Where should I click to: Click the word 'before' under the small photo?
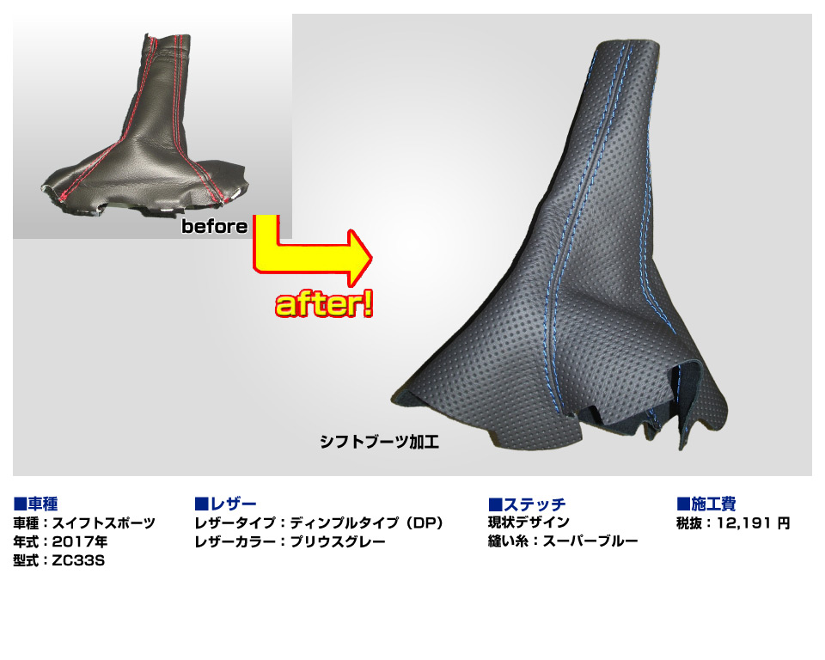pyautogui.click(x=215, y=226)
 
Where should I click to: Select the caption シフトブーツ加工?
pyautogui.click(x=379, y=442)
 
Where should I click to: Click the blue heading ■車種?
pyautogui.click(x=35, y=504)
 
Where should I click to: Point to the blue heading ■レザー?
pyautogui.click(x=226, y=504)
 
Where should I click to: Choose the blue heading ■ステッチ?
pyautogui.click(x=527, y=504)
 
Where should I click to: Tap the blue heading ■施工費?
pyautogui.click(x=706, y=504)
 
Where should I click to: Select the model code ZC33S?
pyautogui.click(x=78, y=560)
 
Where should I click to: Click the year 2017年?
pyautogui.click(x=80, y=541)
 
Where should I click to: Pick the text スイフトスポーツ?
pyautogui.click(x=104, y=523)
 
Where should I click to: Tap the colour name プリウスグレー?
pyautogui.click(x=338, y=541)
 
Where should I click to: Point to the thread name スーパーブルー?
pyautogui.click(x=590, y=541)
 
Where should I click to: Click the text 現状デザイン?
pyautogui.click(x=529, y=522)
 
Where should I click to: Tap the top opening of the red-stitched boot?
pyautogui.click(x=166, y=37)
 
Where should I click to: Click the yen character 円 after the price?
pyautogui.click(x=784, y=523)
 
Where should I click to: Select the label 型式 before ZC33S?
pyautogui.click(x=26, y=560)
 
